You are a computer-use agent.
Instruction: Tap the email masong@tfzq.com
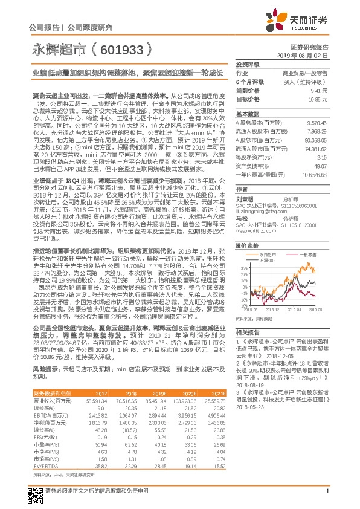252,214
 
